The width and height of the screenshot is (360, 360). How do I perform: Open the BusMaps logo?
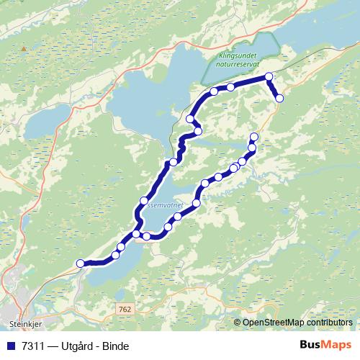[325, 345]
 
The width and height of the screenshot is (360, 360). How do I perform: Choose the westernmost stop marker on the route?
[81, 264]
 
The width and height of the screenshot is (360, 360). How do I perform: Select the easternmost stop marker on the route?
[279, 98]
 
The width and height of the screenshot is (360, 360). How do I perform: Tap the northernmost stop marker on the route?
[269, 76]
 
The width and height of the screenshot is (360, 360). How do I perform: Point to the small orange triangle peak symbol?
[24, 49]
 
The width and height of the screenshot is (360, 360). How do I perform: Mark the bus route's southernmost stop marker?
[81, 264]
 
